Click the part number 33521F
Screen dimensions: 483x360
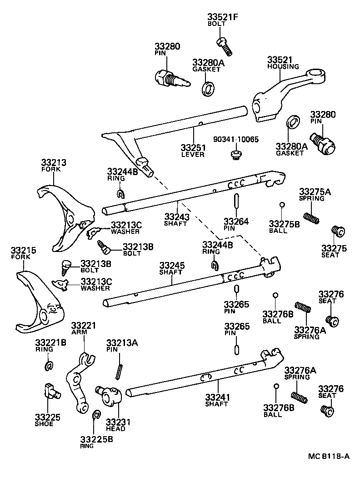(220, 18)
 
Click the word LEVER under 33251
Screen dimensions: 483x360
(193, 154)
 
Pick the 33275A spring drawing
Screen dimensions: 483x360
(311, 218)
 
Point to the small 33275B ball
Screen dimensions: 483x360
(282, 205)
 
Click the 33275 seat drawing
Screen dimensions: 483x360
(337, 231)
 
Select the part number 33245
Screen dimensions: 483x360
(171, 265)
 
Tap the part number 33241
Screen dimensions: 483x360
(217, 397)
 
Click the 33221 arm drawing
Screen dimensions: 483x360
(79, 382)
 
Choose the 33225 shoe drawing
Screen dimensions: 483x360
(51, 390)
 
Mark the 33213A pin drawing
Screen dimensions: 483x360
(120, 370)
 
